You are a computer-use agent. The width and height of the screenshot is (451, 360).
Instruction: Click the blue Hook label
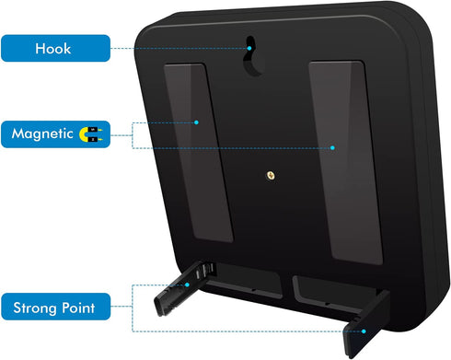[55, 48]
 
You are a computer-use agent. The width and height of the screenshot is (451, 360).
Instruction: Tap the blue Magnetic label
[55, 134]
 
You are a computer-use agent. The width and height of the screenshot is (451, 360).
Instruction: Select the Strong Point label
[55, 307]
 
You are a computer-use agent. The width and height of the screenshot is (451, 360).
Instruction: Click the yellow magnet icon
[90, 134]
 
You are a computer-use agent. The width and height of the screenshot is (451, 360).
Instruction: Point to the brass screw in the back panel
[271, 176]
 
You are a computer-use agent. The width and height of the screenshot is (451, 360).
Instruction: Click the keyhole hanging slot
[253, 56]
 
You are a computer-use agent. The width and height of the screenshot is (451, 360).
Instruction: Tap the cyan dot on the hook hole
[249, 48]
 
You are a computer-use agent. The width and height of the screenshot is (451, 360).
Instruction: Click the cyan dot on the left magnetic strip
[196, 122]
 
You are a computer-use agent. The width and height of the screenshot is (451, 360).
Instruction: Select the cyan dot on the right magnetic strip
[332, 147]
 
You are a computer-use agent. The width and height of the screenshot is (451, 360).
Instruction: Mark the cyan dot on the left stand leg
[187, 285]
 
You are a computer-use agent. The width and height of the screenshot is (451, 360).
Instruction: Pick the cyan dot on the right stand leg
[364, 331]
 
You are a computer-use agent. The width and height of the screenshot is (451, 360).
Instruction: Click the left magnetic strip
[198, 153]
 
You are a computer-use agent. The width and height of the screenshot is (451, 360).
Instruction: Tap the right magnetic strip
[345, 162]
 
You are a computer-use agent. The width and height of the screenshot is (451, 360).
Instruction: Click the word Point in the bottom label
[78, 308]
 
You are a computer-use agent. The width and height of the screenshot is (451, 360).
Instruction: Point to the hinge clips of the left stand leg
[206, 271]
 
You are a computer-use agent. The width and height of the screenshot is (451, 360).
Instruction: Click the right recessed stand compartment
[336, 294]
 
